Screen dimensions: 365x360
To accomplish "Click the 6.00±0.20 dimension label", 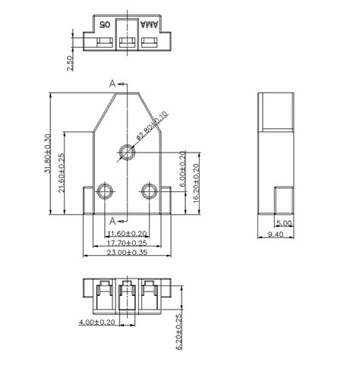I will (x=182, y=168).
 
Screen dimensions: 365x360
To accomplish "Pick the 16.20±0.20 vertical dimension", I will (x=196, y=181).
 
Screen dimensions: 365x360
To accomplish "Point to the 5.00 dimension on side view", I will (x=283, y=223).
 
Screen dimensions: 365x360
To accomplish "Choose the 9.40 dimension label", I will (x=276, y=235).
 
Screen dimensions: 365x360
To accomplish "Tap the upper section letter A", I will (x=113, y=83).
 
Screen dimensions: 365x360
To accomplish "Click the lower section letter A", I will (x=113, y=220).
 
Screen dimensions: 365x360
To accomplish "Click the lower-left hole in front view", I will (x=106, y=189).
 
